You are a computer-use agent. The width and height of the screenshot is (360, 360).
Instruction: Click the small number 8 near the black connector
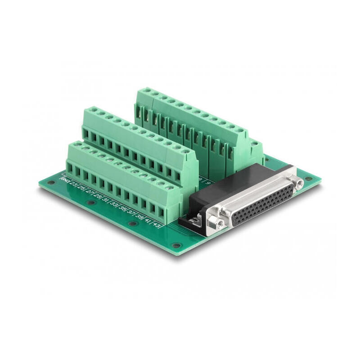tap(200, 179)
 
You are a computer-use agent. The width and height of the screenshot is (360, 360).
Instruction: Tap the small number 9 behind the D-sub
tap(208, 183)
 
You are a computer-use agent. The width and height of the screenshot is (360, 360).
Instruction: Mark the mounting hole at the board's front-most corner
tap(177, 246)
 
